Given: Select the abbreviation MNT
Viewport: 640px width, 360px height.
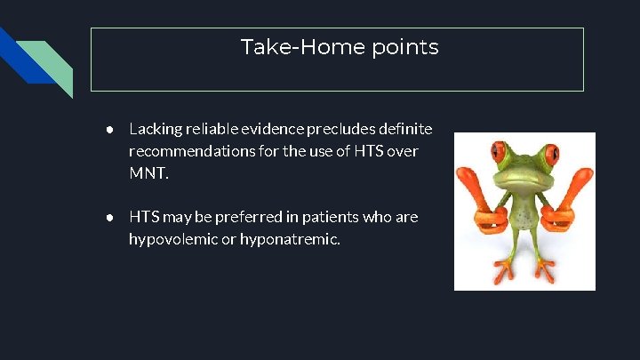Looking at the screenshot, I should pyautogui.click(x=148, y=172).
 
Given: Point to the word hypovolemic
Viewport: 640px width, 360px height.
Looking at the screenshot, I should pyautogui.click(x=174, y=238).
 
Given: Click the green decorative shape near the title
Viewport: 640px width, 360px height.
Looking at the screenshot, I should pyautogui.click(x=55, y=68).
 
